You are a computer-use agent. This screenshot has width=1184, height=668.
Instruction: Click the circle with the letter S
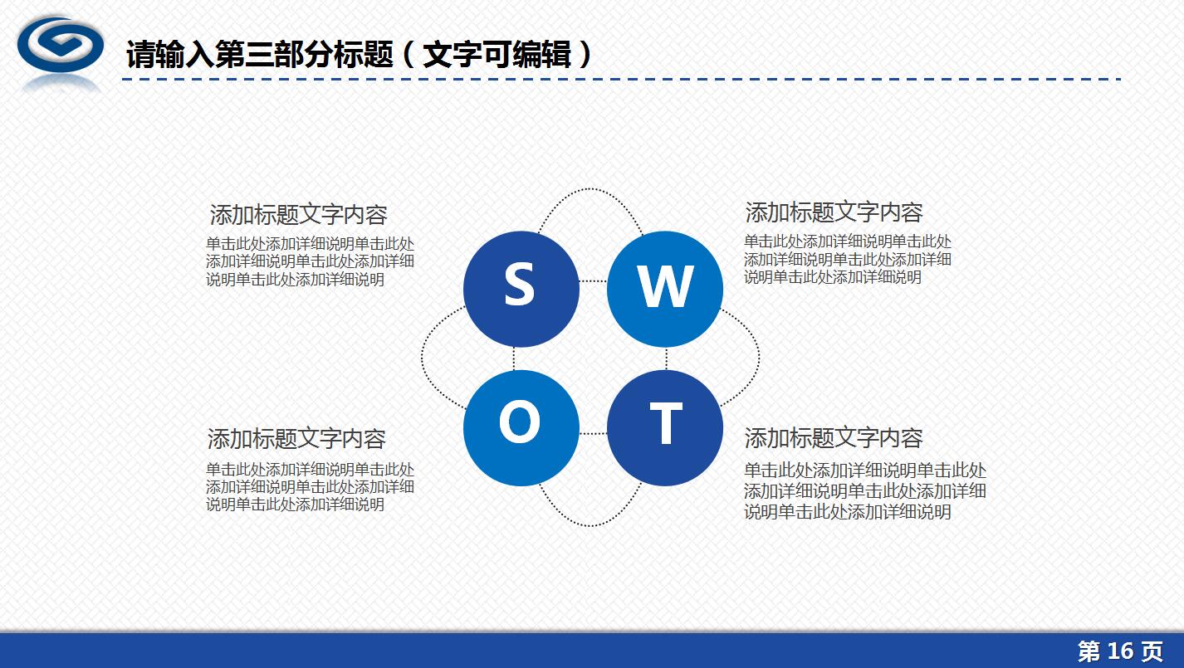(521, 288)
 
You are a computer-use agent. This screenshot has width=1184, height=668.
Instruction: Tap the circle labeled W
(664, 288)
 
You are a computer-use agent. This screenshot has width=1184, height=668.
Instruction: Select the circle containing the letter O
(521, 427)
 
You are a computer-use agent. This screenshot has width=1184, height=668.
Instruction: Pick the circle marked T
(664, 427)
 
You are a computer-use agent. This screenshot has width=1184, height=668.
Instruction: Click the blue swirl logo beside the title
(60, 48)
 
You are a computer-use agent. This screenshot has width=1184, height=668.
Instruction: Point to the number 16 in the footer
(1121, 651)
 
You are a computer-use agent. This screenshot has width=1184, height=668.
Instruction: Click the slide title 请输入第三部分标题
(259, 56)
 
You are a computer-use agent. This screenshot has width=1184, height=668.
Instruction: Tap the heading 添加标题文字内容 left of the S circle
(298, 215)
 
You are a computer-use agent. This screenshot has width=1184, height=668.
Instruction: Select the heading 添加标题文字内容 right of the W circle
(834, 212)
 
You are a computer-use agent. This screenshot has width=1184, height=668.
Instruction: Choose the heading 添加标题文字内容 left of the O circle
(296, 438)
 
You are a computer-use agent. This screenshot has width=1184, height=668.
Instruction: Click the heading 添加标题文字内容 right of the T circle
(834, 437)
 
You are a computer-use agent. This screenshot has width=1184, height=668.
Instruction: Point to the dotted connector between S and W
(593, 281)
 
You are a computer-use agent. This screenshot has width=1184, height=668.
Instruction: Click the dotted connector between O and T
(593, 433)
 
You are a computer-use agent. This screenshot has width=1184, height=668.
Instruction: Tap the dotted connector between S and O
(514, 358)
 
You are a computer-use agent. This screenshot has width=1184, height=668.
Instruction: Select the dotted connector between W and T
(667, 358)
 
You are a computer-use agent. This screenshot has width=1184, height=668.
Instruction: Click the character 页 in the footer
(1152, 651)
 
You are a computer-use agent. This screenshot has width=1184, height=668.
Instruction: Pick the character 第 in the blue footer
(1089, 651)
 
